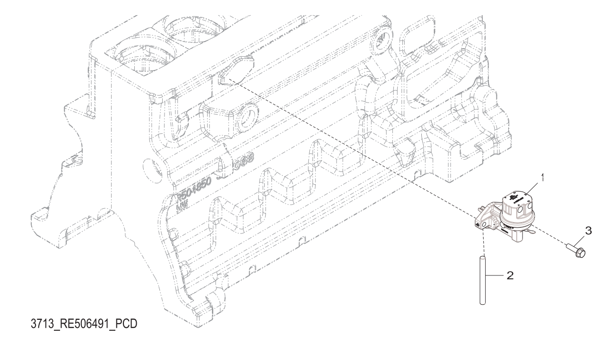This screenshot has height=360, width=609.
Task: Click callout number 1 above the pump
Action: [543, 179]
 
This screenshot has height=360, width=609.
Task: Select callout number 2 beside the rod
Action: [509, 276]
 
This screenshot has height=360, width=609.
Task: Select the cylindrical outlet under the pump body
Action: [518, 244]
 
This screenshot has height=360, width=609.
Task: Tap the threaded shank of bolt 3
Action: [569, 247]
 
